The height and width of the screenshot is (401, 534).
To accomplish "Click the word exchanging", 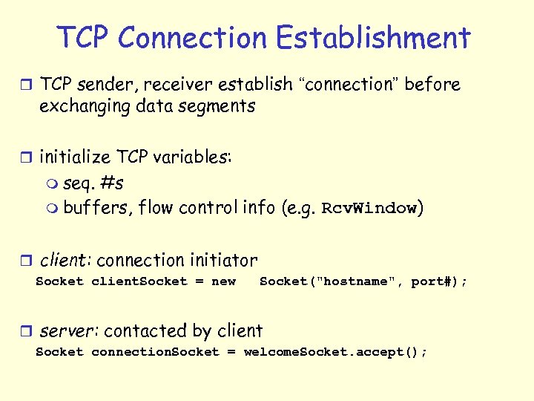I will pos(85,106).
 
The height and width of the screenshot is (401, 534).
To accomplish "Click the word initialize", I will pos(70,157).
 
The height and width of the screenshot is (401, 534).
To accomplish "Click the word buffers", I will pos(98,208).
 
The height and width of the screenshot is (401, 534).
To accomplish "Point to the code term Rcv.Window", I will pos(369,209).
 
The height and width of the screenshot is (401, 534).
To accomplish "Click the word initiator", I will pos(223,261).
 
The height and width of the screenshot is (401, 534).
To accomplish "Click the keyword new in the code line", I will pos(223,281).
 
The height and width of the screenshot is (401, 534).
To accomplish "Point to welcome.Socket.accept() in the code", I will pos(334,352).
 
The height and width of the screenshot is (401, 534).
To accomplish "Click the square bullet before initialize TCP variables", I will pos(28,157).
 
